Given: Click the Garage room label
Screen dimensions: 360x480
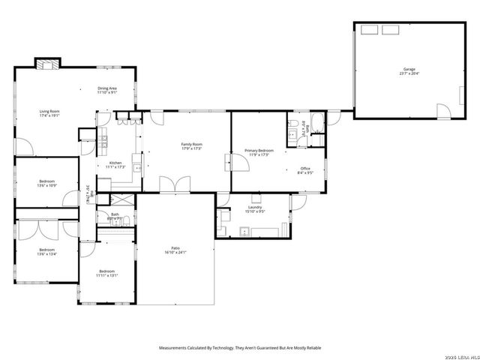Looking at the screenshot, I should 409,69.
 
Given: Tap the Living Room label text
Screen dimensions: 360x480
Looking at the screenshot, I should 49,112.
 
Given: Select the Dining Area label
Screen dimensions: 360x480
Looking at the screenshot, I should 106,88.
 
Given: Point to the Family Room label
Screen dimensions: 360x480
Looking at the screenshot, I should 192,144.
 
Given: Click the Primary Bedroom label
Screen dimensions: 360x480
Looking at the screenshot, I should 259,151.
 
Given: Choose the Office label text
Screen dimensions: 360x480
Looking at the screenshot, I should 305,168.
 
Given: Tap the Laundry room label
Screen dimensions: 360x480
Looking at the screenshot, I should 256,208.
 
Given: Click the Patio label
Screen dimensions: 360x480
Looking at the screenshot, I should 175,248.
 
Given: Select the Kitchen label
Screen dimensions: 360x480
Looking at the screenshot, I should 115,163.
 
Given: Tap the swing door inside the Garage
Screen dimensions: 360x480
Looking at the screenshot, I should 445,112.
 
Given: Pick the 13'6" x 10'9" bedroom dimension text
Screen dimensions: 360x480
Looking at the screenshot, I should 46,185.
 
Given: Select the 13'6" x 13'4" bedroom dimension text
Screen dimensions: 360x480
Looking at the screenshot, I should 46,253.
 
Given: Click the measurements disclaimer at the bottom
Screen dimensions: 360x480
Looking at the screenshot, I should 240,348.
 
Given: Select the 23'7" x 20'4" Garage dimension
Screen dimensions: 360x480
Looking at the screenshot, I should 409,73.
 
